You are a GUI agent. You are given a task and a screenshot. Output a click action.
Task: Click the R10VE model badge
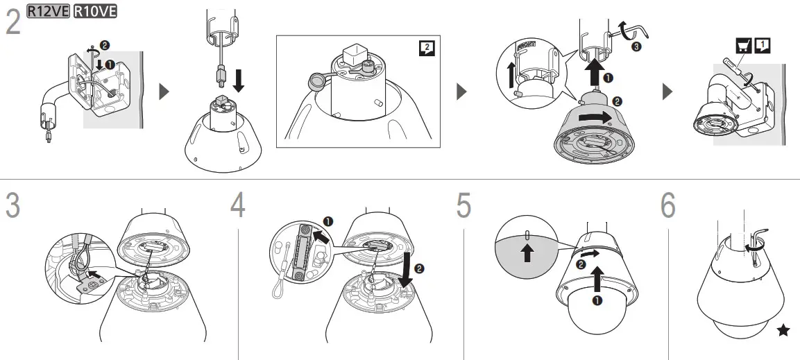click(x=95, y=10)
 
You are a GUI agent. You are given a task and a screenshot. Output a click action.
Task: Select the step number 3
click(x=12, y=205)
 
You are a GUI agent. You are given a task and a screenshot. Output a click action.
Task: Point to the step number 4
click(x=238, y=205)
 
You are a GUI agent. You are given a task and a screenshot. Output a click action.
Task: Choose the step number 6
click(x=667, y=205)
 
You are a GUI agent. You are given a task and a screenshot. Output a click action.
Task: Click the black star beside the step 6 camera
click(x=783, y=331)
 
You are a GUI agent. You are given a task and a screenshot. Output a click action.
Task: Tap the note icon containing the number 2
click(x=428, y=48)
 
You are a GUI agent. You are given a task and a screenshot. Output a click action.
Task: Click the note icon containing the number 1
click(x=762, y=45)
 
